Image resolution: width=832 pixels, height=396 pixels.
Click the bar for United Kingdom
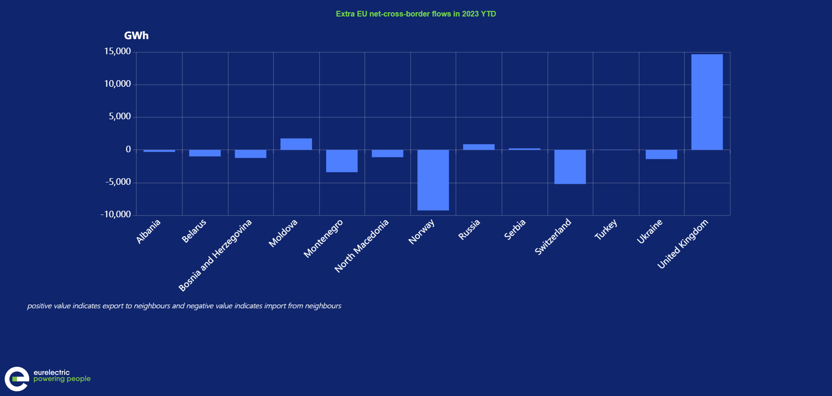click(x=707, y=102)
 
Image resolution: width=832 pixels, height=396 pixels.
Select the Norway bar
click(x=433, y=180)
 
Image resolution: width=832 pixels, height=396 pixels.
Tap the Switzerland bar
click(x=570, y=167)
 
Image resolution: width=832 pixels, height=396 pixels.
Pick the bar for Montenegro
click(x=342, y=161)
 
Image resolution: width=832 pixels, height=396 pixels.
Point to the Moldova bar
click(x=296, y=144)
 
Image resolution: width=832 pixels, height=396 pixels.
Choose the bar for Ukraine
click(x=661, y=154)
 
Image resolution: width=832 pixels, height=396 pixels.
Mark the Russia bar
click(x=479, y=147)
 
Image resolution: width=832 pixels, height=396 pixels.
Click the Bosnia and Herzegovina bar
click(x=251, y=154)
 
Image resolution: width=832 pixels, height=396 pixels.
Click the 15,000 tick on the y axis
click(x=117, y=51)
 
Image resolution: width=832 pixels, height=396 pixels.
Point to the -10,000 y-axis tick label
click(x=115, y=214)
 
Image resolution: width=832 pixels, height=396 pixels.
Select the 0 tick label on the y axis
click(x=128, y=149)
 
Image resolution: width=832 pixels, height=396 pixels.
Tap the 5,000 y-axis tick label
click(x=120, y=116)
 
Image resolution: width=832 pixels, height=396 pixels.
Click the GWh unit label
click(x=136, y=36)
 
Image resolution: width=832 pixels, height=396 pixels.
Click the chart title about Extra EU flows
click(x=416, y=14)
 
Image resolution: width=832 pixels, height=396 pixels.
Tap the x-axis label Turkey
click(x=605, y=230)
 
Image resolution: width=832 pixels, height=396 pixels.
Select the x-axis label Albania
click(x=148, y=231)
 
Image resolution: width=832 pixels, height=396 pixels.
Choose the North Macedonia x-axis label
click(x=362, y=246)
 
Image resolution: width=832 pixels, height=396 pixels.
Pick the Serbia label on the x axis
click(x=515, y=230)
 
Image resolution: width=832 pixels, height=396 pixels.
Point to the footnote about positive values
click(x=184, y=306)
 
